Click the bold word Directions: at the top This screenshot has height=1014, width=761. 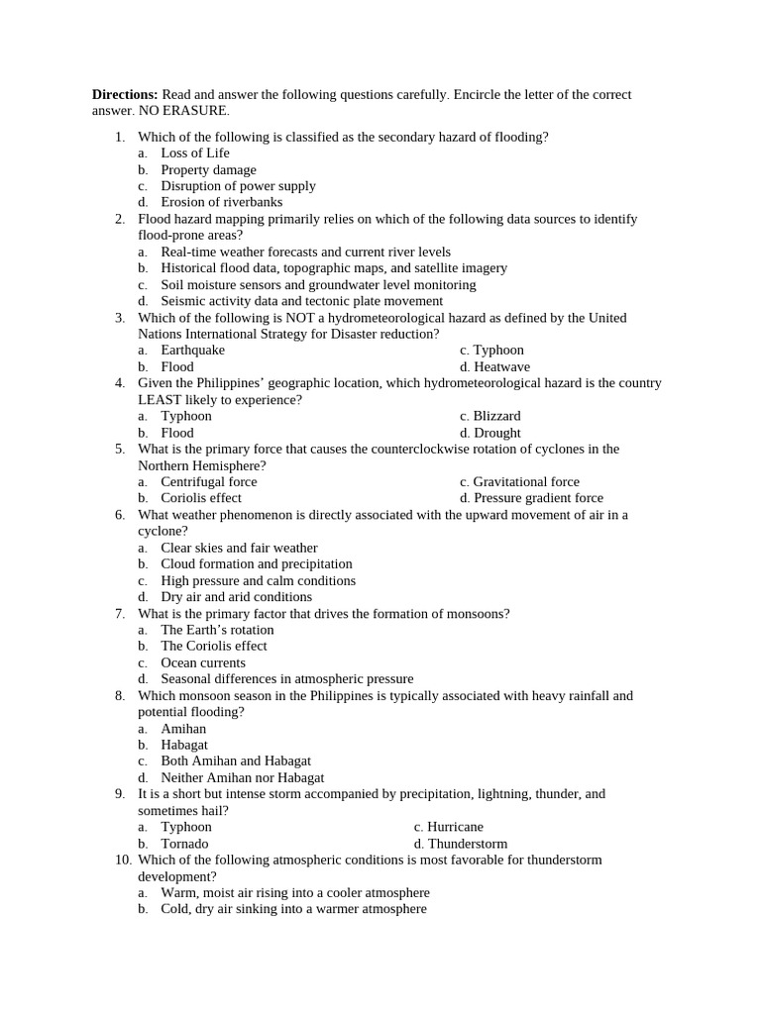coord(125,95)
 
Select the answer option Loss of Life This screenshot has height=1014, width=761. coord(194,153)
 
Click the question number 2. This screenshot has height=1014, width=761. coord(119,219)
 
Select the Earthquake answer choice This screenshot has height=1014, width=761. coord(192,351)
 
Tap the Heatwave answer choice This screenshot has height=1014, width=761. coord(501,367)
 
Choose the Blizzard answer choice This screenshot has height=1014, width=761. coord(496,416)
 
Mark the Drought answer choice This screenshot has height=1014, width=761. coord(496,433)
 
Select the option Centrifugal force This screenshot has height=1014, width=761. coord(208,482)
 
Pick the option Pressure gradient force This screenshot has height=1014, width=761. coord(537,498)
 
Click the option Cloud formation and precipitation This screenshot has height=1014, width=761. coord(256,564)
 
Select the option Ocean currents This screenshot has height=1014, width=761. coord(203,662)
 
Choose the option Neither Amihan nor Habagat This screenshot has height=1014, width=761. coord(242,777)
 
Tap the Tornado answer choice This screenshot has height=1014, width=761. coord(184,844)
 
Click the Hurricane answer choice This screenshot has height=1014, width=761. coord(455,827)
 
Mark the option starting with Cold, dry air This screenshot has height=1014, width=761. coord(293,909)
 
